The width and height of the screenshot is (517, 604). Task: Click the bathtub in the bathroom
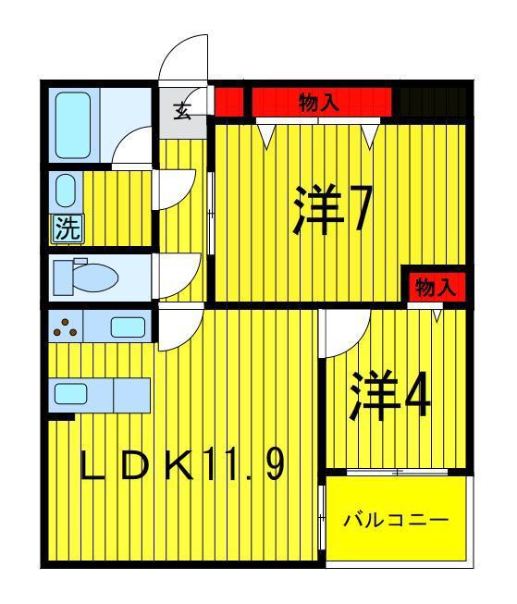(73, 125)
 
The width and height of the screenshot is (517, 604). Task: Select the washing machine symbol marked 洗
(68, 228)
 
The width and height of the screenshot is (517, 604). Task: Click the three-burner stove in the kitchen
(66, 327)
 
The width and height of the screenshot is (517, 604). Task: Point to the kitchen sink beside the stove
(128, 327)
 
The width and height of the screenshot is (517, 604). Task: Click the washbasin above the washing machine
(65, 191)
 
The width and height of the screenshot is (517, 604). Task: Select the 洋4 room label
(389, 395)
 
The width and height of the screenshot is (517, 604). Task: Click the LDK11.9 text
(182, 464)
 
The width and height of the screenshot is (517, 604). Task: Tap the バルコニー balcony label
(397, 521)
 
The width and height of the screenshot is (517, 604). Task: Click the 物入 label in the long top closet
(319, 102)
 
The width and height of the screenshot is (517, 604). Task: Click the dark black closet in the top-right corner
(433, 102)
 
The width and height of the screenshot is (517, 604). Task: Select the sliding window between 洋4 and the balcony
(397, 472)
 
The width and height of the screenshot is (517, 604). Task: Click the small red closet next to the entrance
(228, 102)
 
